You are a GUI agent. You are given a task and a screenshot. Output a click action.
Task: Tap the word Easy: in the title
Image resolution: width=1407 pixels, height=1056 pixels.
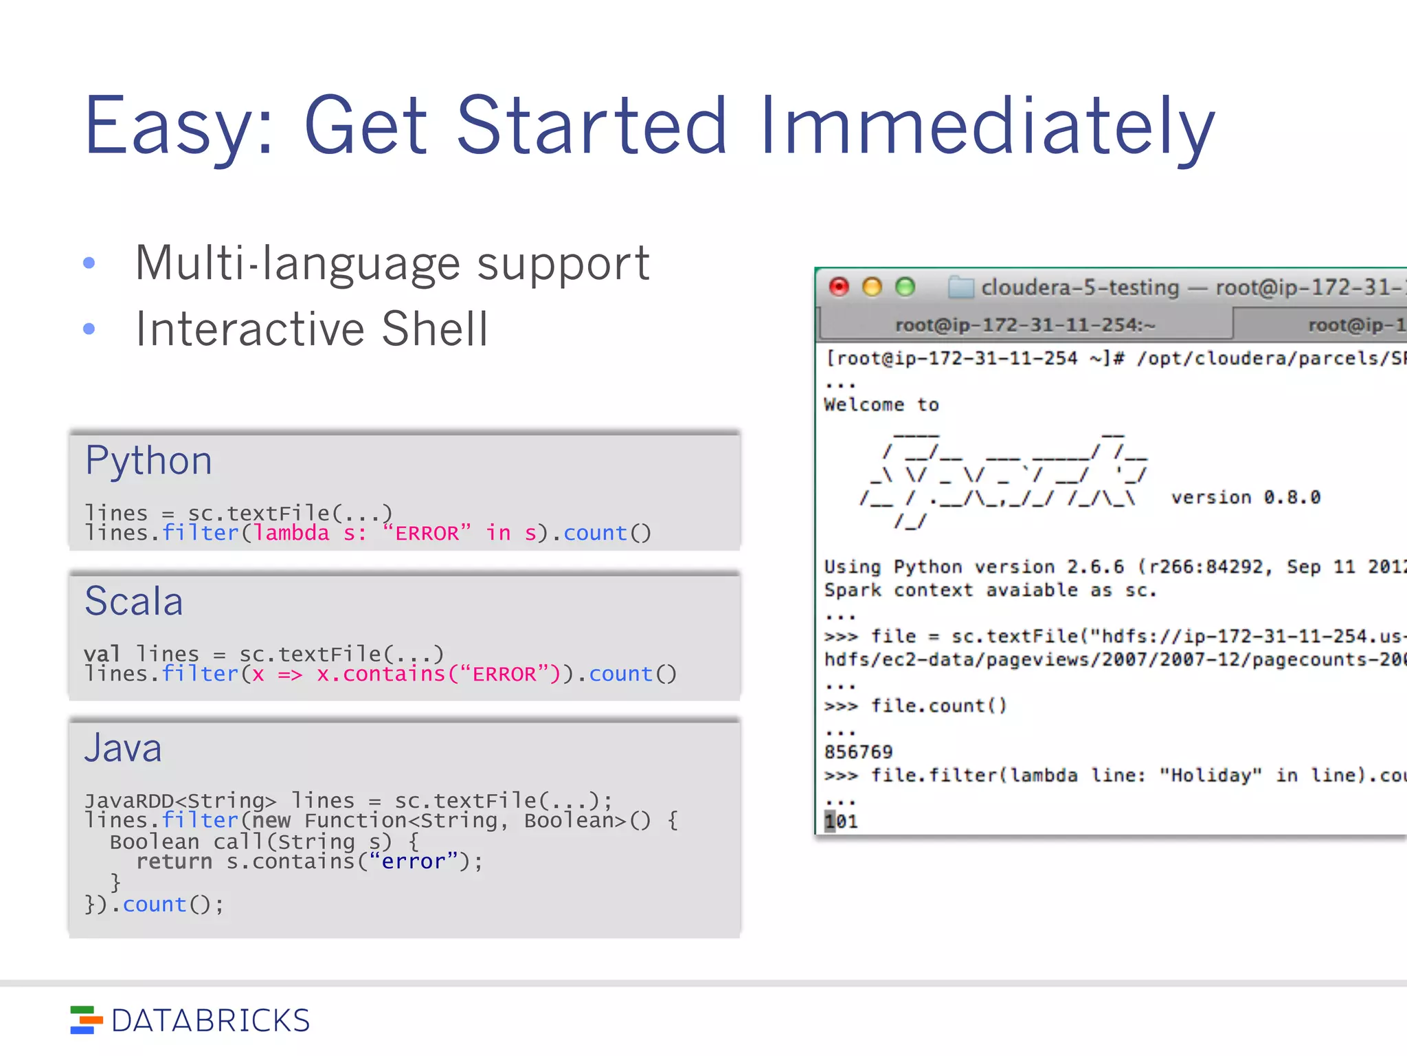179,127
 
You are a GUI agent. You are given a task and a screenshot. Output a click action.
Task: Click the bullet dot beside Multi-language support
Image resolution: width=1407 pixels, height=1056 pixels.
89,263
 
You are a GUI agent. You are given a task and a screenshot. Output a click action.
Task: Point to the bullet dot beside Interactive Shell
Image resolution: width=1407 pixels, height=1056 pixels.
89,329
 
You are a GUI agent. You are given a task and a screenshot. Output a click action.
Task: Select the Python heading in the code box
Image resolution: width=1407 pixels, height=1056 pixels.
148,461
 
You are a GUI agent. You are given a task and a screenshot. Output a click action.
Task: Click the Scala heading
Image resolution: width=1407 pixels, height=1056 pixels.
134,602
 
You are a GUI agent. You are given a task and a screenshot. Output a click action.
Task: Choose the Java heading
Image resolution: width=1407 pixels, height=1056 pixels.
123,748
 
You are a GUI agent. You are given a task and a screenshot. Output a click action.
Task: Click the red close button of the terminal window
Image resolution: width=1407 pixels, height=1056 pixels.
839,287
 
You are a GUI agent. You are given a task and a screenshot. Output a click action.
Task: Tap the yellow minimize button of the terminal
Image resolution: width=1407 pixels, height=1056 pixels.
872,287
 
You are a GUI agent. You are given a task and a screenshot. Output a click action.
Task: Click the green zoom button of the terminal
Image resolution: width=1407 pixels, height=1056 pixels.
905,287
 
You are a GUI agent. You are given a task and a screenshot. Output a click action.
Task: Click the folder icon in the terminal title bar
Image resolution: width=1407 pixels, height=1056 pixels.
960,287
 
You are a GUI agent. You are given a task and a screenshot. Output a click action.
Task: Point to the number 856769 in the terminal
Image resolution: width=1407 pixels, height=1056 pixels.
858,752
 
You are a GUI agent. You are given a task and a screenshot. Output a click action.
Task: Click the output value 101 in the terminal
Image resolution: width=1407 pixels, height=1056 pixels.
842,822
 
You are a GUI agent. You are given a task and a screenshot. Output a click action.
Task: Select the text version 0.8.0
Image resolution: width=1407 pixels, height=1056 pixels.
1246,497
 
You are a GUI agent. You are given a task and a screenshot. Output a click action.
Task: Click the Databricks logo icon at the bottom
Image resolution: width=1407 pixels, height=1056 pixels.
86,1020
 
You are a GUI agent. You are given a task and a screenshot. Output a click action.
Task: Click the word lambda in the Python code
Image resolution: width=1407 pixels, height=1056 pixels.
292,533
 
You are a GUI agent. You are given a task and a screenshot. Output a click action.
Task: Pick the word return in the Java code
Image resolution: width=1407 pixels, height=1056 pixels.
175,861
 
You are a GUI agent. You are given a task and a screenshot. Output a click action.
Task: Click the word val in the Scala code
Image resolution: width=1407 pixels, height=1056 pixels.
102,654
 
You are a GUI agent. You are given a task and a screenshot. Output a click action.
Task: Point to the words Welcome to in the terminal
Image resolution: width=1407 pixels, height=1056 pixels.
881,405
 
